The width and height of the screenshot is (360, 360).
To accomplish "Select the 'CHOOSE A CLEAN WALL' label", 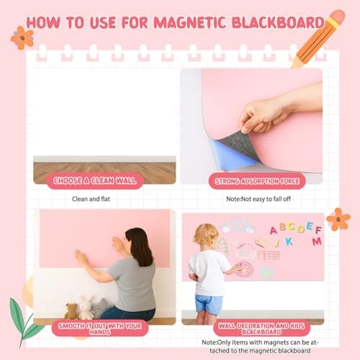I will [94, 181].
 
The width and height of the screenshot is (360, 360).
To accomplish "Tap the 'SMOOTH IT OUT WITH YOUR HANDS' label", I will [101, 328].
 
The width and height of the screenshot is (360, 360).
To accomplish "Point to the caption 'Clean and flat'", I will [94, 199].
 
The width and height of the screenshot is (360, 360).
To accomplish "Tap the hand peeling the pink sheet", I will [277, 112].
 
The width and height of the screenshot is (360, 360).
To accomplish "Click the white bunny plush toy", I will [86, 307].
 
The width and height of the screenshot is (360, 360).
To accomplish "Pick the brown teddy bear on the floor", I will [71, 311].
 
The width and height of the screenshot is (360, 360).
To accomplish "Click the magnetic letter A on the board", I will [274, 230].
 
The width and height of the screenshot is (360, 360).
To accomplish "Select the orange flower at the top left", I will [22, 37].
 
